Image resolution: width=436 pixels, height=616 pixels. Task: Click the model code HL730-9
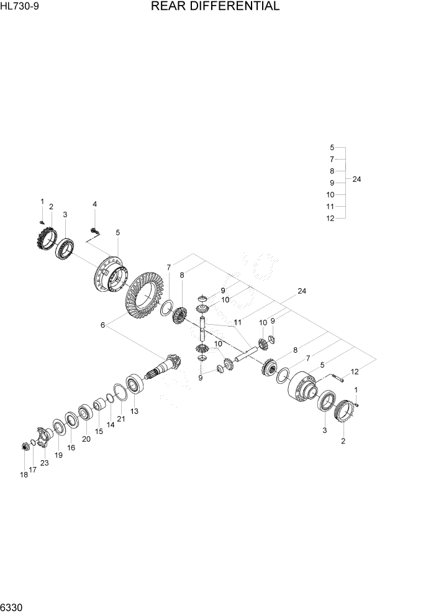[x=20, y=7]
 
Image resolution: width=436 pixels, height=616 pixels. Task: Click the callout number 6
[x=103, y=325]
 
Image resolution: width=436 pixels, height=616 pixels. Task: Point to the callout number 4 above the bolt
[x=95, y=204]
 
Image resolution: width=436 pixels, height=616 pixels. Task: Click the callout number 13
[x=134, y=411]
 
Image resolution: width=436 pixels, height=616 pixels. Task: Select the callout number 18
[x=24, y=475]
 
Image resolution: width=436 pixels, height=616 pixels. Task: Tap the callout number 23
[x=44, y=463]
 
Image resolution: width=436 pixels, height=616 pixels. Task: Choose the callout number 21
[x=121, y=419]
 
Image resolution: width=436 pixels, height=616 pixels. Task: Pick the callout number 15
[x=99, y=431]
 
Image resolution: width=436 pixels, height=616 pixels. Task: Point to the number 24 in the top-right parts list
[x=356, y=179]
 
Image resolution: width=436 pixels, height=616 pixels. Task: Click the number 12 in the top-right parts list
[x=330, y=218]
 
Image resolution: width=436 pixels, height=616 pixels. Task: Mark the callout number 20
[x=86, y=439]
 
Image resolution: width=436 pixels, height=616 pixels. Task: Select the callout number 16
[x=71, y=447]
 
